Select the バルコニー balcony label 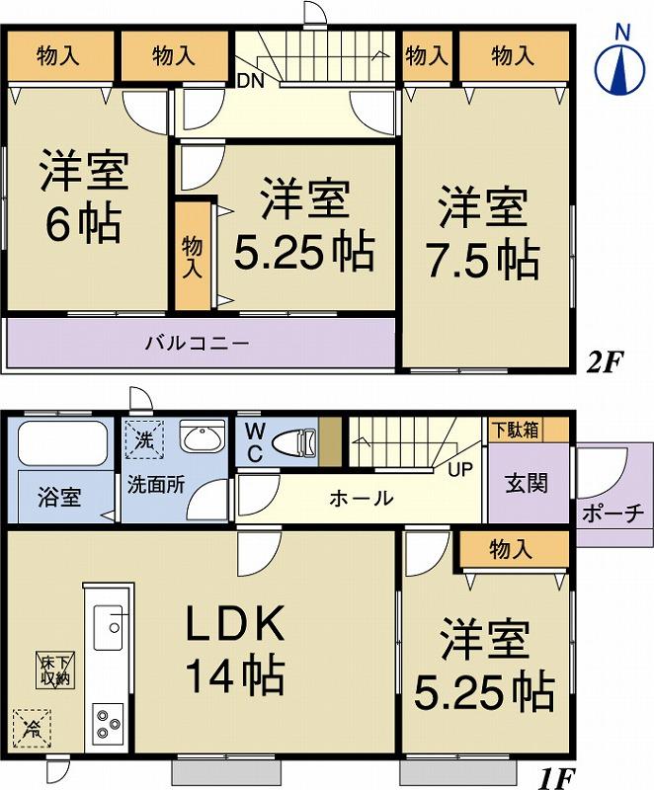click(x=197, y=344)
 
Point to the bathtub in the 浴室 click(x=63, y=443)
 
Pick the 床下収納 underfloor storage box click(x=55, y=670)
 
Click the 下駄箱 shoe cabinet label click(x=516, y=430)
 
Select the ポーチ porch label click(x=613, y=513)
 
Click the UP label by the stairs click(x=460, y=470)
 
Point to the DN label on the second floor click(x=250, y=82)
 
